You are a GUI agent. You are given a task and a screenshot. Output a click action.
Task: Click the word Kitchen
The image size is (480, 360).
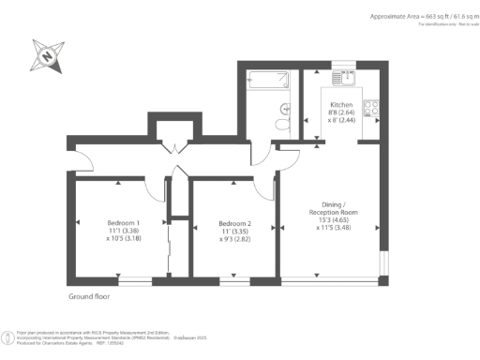(340, 105)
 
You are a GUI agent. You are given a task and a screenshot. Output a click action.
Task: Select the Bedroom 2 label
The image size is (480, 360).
(235, 223)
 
